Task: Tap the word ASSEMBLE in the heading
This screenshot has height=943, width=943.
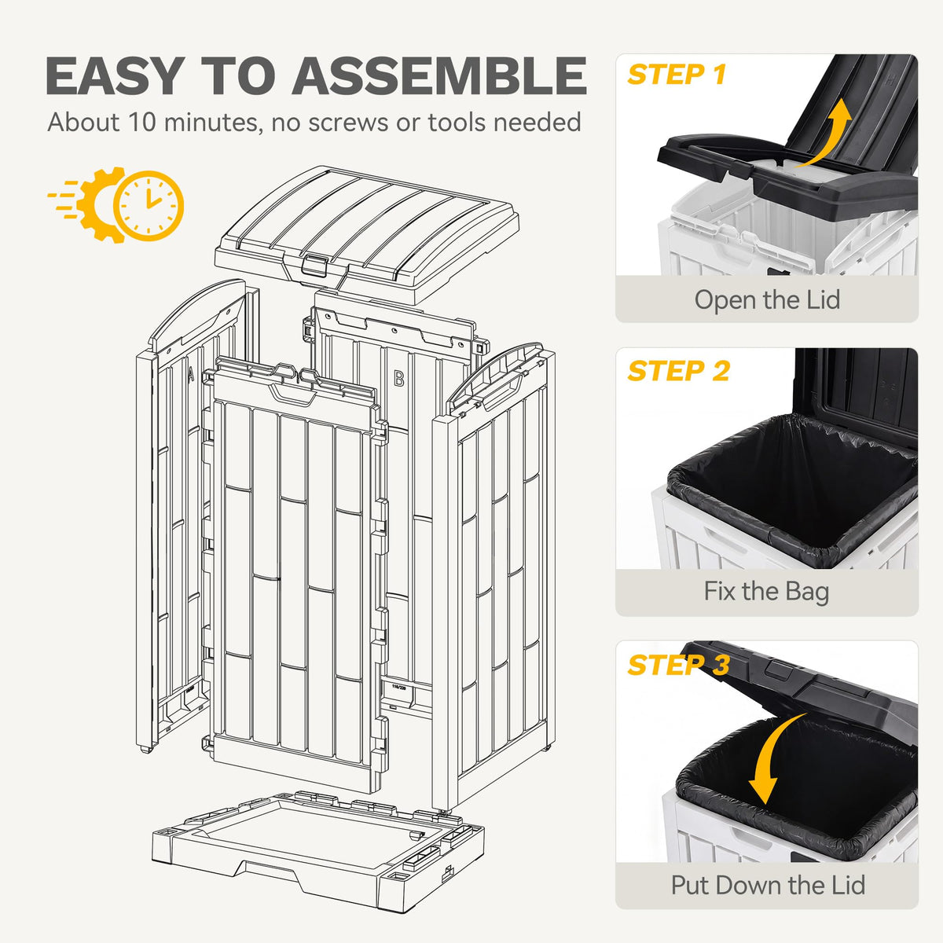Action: (439, 75)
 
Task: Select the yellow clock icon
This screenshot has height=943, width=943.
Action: (149, 205)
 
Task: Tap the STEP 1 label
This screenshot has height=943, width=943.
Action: (676, 75)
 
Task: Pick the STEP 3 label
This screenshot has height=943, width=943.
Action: (678, 665)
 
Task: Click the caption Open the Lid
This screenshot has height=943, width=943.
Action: (767, 299)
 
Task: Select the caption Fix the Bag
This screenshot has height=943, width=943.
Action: (766, 591)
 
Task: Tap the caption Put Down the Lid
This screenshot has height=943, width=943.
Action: (767, 885)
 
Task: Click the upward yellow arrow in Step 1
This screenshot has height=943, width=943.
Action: (827, 134)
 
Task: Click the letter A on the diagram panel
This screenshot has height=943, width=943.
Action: (190, 374)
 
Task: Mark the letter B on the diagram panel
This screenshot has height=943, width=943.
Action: (399, 378)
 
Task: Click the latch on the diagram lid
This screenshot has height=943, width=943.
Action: (314, 265)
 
